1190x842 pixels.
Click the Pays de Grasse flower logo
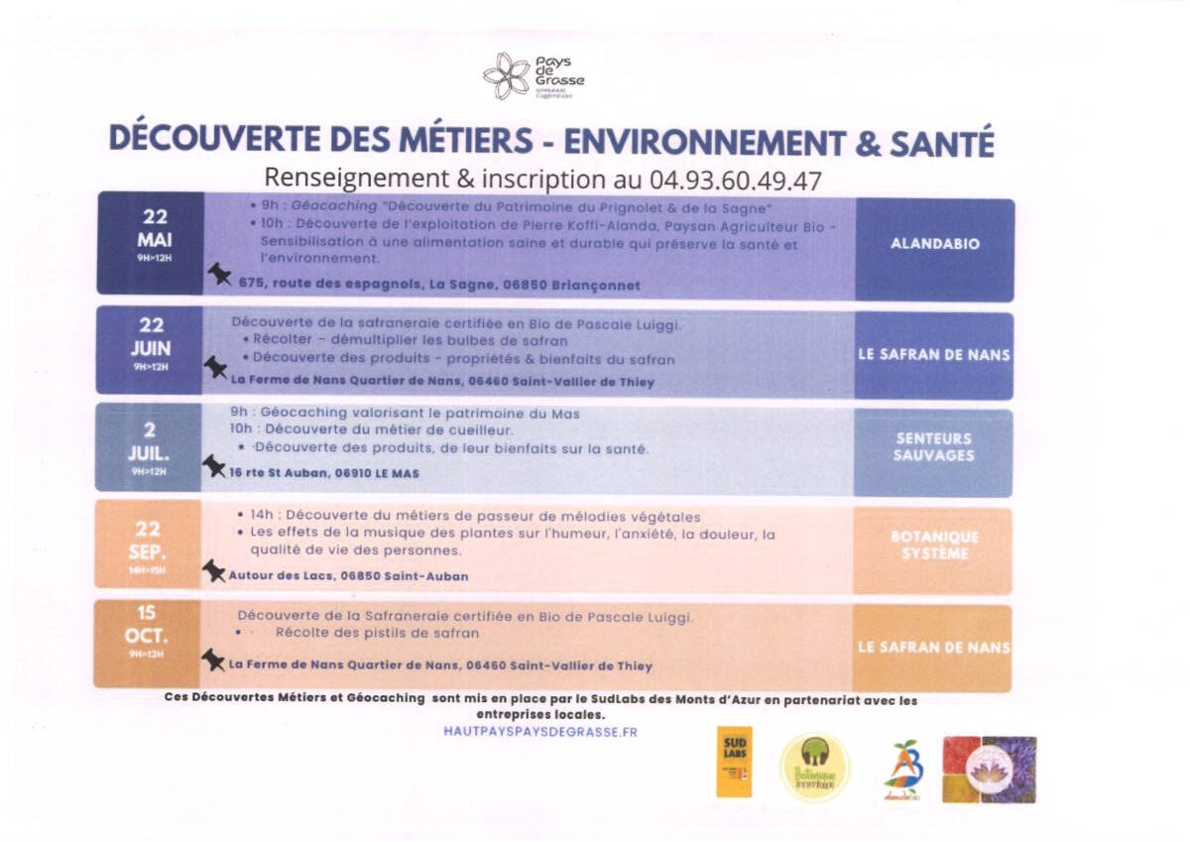(x=507, y=76)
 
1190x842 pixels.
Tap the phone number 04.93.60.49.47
(x=736, y=180)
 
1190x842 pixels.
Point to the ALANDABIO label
(x=934, y=244)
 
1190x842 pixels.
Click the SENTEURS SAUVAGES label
(x=934, y=447)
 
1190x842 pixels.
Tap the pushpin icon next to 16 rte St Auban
(x=213, y=465)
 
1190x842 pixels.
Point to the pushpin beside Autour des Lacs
(x=213, y=569)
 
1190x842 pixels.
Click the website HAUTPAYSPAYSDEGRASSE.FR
(x=540, y=732)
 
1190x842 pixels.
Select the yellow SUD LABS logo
(x=734, y=762)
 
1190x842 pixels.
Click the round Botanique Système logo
(x=814, y=768)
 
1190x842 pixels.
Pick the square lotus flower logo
(x=989, y=769)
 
